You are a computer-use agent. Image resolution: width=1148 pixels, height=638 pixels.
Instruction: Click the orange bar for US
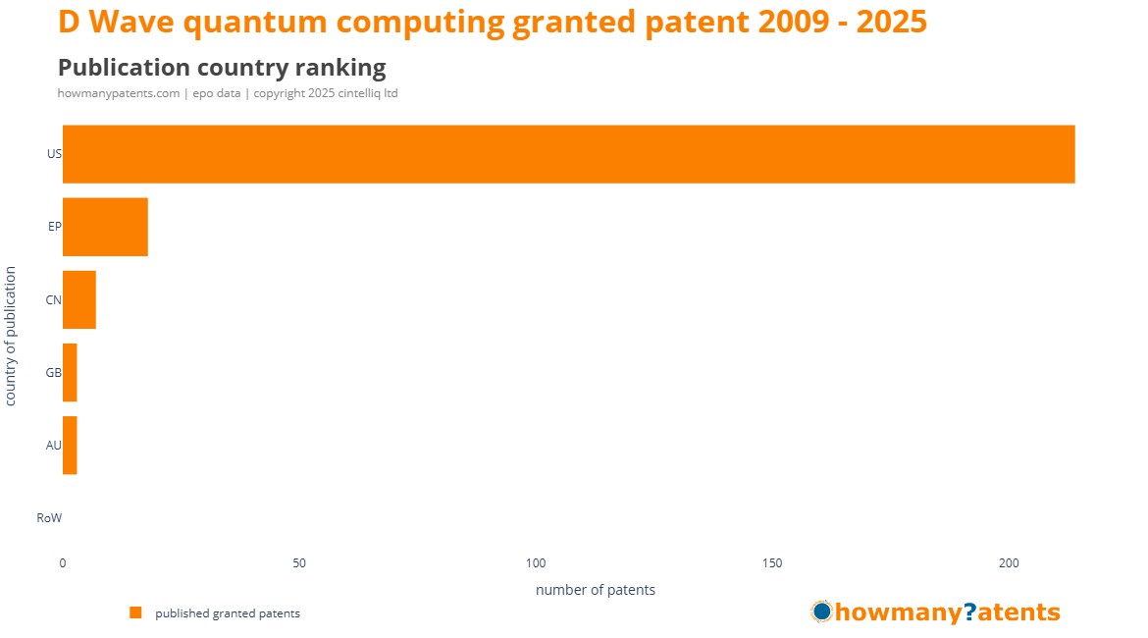[569, 154]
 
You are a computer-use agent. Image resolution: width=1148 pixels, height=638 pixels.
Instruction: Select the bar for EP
[105, 227]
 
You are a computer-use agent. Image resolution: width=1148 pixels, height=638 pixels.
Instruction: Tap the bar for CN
[79, 299]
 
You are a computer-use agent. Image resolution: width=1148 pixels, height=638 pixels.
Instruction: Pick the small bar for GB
[70, 373]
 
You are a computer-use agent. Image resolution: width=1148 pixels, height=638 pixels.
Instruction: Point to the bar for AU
[70, 446]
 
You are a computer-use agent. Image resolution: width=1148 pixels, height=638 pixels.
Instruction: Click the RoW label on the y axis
[49, 518]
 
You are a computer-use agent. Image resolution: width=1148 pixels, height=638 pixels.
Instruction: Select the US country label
[54, 154]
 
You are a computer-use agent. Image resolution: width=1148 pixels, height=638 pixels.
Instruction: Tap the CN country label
[53, 299]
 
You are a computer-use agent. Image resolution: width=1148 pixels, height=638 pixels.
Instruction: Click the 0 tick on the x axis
[62, 563]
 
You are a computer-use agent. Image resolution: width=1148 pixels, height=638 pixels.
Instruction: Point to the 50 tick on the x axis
[298, 563]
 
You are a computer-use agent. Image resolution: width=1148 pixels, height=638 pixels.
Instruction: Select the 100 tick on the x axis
[536, 563]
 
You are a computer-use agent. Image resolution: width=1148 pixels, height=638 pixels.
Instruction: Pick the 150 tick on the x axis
[772, 563]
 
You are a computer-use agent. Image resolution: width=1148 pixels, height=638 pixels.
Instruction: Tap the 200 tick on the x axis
[1009, 563]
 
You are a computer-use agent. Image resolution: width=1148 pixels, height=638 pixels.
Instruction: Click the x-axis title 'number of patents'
[596, 590]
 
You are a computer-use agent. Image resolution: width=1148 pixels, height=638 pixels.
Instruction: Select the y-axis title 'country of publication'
[10, 337]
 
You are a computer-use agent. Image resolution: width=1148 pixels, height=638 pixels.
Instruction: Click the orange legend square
[135, 613]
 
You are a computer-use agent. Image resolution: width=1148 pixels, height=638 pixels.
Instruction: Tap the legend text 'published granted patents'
[228, 613]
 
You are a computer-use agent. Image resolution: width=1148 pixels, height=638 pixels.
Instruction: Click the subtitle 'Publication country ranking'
[222, 68]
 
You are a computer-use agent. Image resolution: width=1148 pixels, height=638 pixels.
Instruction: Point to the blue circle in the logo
[822, 611]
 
